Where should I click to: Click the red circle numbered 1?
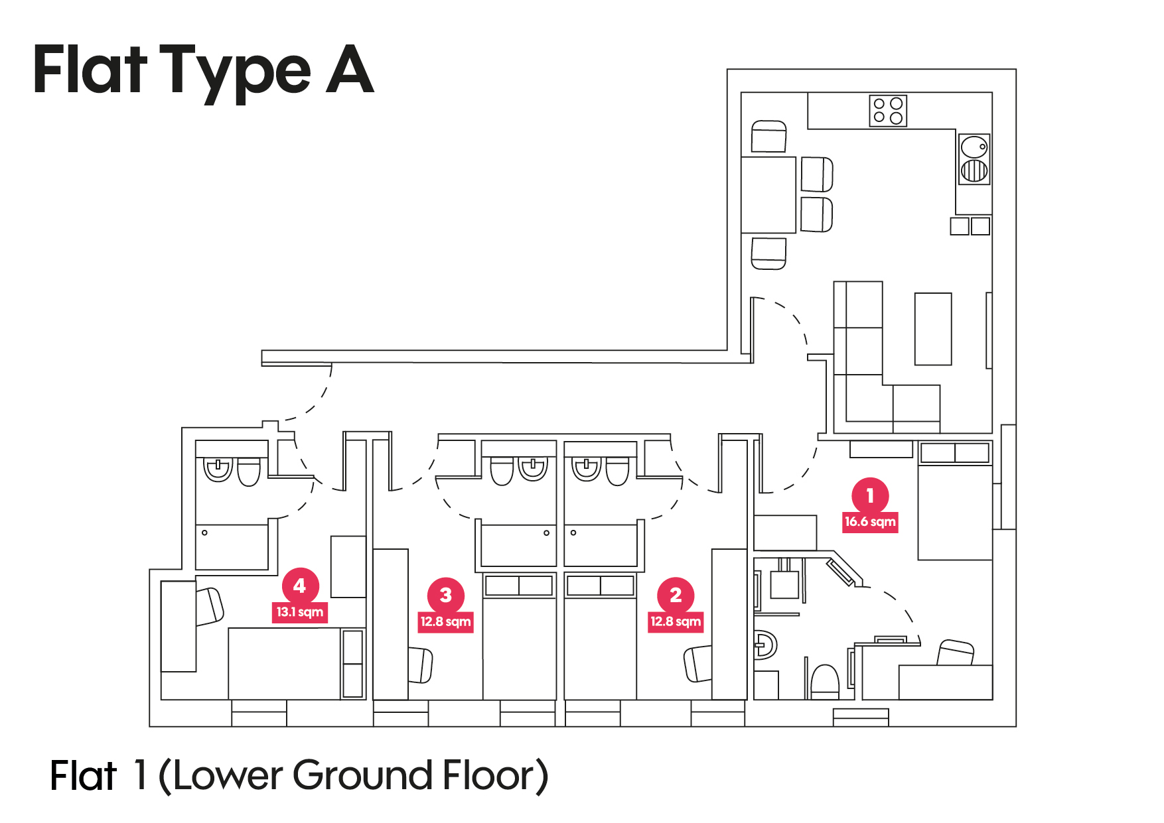pos(870,495)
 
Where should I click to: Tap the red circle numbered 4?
pos(300,586)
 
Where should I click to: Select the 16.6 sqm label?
pos(870,522)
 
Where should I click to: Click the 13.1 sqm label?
pos(300,611)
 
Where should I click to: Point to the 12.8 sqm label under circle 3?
pos(445,621)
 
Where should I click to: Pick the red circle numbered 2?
pos(676,595)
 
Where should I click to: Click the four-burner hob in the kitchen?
pos(888,111)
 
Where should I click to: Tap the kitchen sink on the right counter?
pos(974,158)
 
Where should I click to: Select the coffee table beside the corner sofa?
pos(933,329)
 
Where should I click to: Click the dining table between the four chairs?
pos(768,195)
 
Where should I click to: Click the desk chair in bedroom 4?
pos(210,606)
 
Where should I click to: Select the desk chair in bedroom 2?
pos(697,664)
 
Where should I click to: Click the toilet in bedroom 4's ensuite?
pos(249,472)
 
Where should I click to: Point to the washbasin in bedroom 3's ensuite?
pos(533,469)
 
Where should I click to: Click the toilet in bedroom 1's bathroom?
pos(825,681)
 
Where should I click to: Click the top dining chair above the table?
pos(768,137)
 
